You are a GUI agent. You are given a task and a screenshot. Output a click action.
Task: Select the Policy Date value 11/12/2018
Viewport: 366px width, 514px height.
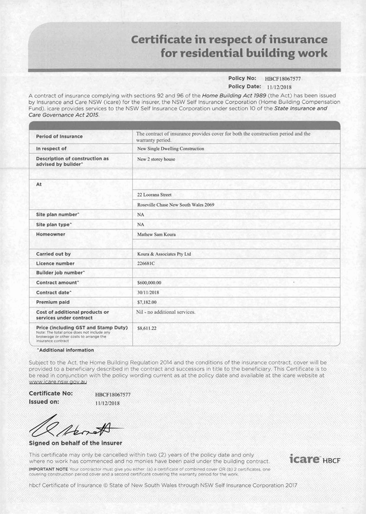point(280,86)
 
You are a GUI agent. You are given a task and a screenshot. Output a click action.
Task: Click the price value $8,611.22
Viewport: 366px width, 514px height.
point(147,329)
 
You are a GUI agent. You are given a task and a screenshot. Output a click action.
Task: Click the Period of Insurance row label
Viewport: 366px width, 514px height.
point(59,137)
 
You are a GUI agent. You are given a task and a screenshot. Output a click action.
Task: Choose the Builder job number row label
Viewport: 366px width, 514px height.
point(60,272)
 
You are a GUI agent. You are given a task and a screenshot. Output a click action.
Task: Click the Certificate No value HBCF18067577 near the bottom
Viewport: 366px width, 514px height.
point(113,395)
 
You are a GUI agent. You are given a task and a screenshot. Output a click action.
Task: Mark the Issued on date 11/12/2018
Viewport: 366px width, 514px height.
point(110,403)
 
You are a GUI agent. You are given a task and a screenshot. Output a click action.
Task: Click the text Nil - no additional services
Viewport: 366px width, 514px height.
point(166,312)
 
